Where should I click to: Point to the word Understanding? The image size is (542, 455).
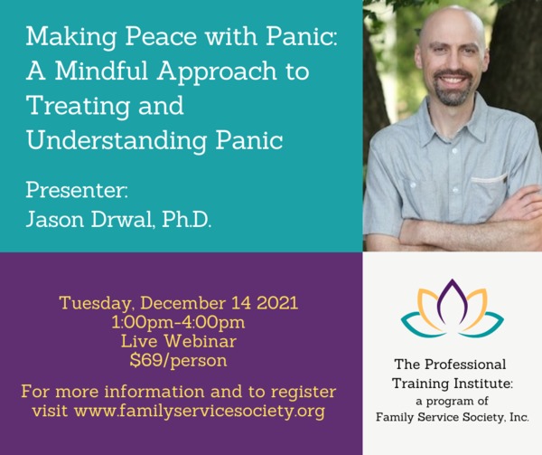point(117,141)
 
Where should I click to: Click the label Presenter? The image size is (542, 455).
point(77,190)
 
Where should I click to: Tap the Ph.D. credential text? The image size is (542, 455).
point(186,219)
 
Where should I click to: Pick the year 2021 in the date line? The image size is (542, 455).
point(277,303)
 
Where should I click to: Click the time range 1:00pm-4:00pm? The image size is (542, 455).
point(178,322)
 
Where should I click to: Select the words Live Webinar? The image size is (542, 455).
point(179,341)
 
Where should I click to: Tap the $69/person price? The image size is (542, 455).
point(178,361)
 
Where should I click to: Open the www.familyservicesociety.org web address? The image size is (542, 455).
point(199,411)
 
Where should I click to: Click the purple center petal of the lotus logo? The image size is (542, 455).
point(452,300)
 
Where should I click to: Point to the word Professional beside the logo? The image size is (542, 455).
point(465,365)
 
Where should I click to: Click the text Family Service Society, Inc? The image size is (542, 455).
point(453,417)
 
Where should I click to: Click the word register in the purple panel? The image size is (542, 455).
point(304,393)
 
